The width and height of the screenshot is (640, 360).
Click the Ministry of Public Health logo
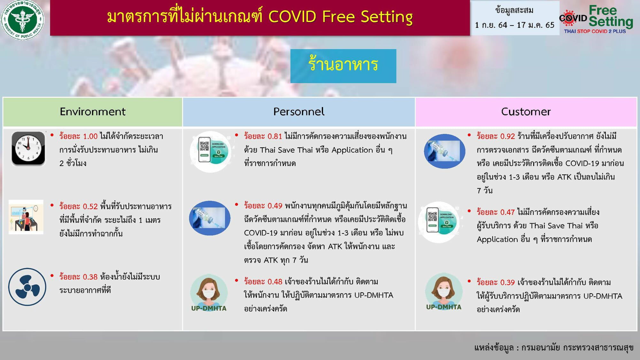coord(23,19)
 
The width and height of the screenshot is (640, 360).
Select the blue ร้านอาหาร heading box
coord(343,66)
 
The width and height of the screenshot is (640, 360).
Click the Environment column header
coord(93,112)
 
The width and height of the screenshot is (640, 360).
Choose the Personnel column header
coord(299,112)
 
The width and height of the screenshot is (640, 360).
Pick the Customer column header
coord(526,112)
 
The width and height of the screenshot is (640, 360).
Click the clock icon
coord(28,148)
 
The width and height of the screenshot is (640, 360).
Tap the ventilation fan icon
coord(27,287)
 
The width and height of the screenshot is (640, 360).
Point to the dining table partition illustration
coord(26,217)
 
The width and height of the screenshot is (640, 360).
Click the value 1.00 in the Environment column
coord(90,136)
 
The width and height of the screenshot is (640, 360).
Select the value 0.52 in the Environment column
coord(90,206)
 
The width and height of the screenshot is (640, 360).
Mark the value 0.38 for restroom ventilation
coord(90,277)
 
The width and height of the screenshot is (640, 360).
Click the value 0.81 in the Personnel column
coord(275,136)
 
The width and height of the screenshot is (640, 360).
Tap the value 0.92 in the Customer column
coord(507,136)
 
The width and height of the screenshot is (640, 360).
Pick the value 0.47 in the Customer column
coord(507,212)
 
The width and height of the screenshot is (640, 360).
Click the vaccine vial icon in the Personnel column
coord(210,218)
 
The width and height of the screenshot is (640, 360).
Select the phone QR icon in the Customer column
coord(439,222)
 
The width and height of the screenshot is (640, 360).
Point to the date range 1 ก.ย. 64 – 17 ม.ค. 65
coord(514,25)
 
